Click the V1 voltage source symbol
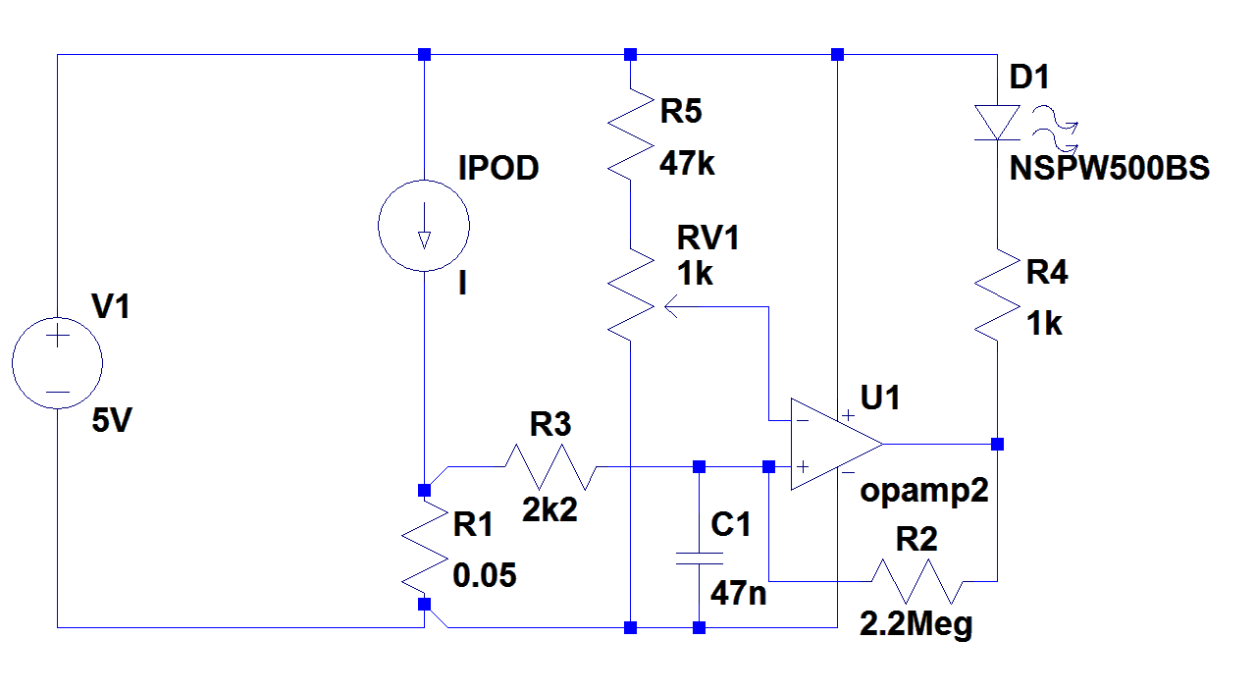[x=57, y=362]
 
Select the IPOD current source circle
[x=424, y=225]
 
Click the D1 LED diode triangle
[x=997, y=124]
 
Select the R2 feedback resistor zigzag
[x=915, y=580]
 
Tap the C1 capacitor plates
[x=699, y=559]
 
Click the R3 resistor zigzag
[x=550, y=466]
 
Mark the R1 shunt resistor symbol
[x=424, y=546]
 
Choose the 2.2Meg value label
[x=916, y=624]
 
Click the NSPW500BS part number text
[x=1110, y=169]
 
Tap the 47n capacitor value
[x=739, y=593]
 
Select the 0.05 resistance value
[x=484, y=575]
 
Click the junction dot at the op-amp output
[x=997, y=444]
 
